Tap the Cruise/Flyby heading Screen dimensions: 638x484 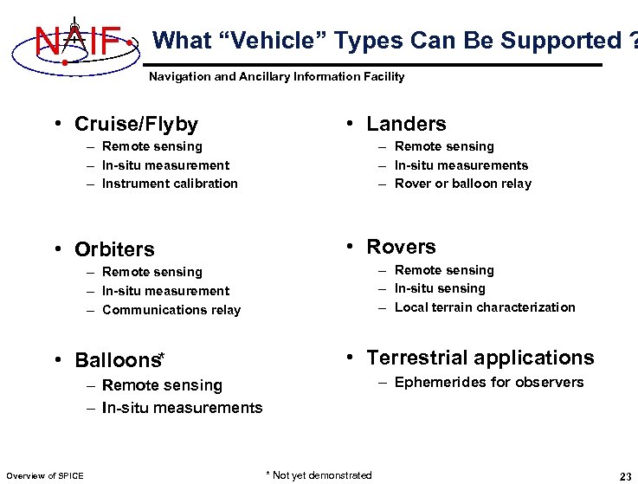136,125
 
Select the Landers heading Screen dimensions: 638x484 405,124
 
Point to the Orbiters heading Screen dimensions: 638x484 114,249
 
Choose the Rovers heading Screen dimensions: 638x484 401,247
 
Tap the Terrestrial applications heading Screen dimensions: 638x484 480,358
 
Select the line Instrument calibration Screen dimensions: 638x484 170,184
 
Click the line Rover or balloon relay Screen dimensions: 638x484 463,184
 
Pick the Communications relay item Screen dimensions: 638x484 171,310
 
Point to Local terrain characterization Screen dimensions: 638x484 485,307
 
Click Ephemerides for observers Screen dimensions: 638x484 489,383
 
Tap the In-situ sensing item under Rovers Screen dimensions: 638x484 440,288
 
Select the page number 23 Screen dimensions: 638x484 624,476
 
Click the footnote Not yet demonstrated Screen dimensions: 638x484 319,475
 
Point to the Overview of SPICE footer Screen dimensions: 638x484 45,476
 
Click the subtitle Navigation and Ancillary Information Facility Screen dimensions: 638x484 276,77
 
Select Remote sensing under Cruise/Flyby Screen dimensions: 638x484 151,146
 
